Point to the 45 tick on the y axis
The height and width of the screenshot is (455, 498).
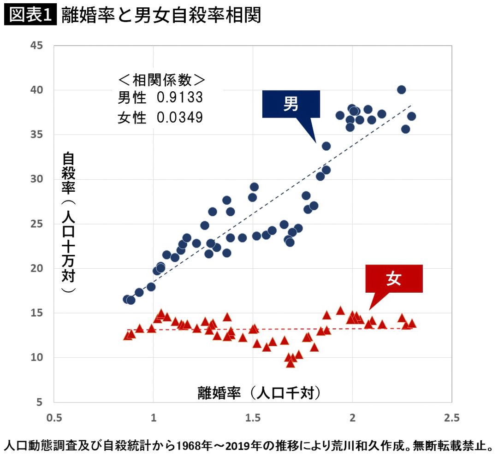pyautogui.click(x=37, y=45)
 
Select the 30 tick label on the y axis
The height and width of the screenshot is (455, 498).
pyautogui.click(x=37, y=179)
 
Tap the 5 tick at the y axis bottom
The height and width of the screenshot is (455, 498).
pyautogui.click(x=40, y=402)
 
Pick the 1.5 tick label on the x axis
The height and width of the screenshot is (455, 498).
pyautogui.click(x=253, y=418)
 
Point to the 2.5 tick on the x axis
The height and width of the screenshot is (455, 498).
pyautogui.click(x=451, y=418)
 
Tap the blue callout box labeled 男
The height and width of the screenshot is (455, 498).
pyautogui.click(x=291, y=104)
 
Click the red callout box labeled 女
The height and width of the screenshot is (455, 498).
pyautogui.click(x=394, y=279)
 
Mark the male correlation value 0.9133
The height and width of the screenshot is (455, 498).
pyautogui.click(x=180, y=98)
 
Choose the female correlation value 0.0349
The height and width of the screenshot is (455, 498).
pyautogui.click(x=180, y=117)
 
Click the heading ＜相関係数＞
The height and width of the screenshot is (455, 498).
pyautogui.click(x=161, y=79)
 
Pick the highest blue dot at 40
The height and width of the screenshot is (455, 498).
pyautogui.click(x=401, y=89)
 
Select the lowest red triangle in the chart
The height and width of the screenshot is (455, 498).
pyautogui.click(x=290, y=363)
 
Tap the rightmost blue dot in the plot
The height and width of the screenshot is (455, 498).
pyautogui.click(x=411, y=116)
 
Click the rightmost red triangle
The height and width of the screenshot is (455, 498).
pyautogui.click(x=412, y=323)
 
